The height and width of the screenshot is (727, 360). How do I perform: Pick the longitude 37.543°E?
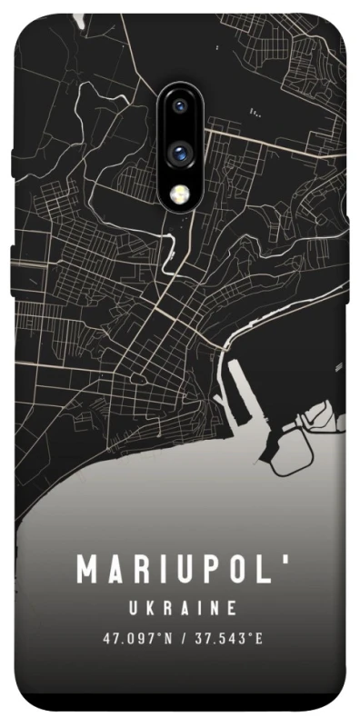point(227,639)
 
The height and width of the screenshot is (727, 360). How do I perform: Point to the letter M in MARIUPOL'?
point(88,570)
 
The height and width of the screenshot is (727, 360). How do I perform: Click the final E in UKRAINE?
point(234,607)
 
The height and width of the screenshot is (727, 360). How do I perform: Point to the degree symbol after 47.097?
point(160,635)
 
